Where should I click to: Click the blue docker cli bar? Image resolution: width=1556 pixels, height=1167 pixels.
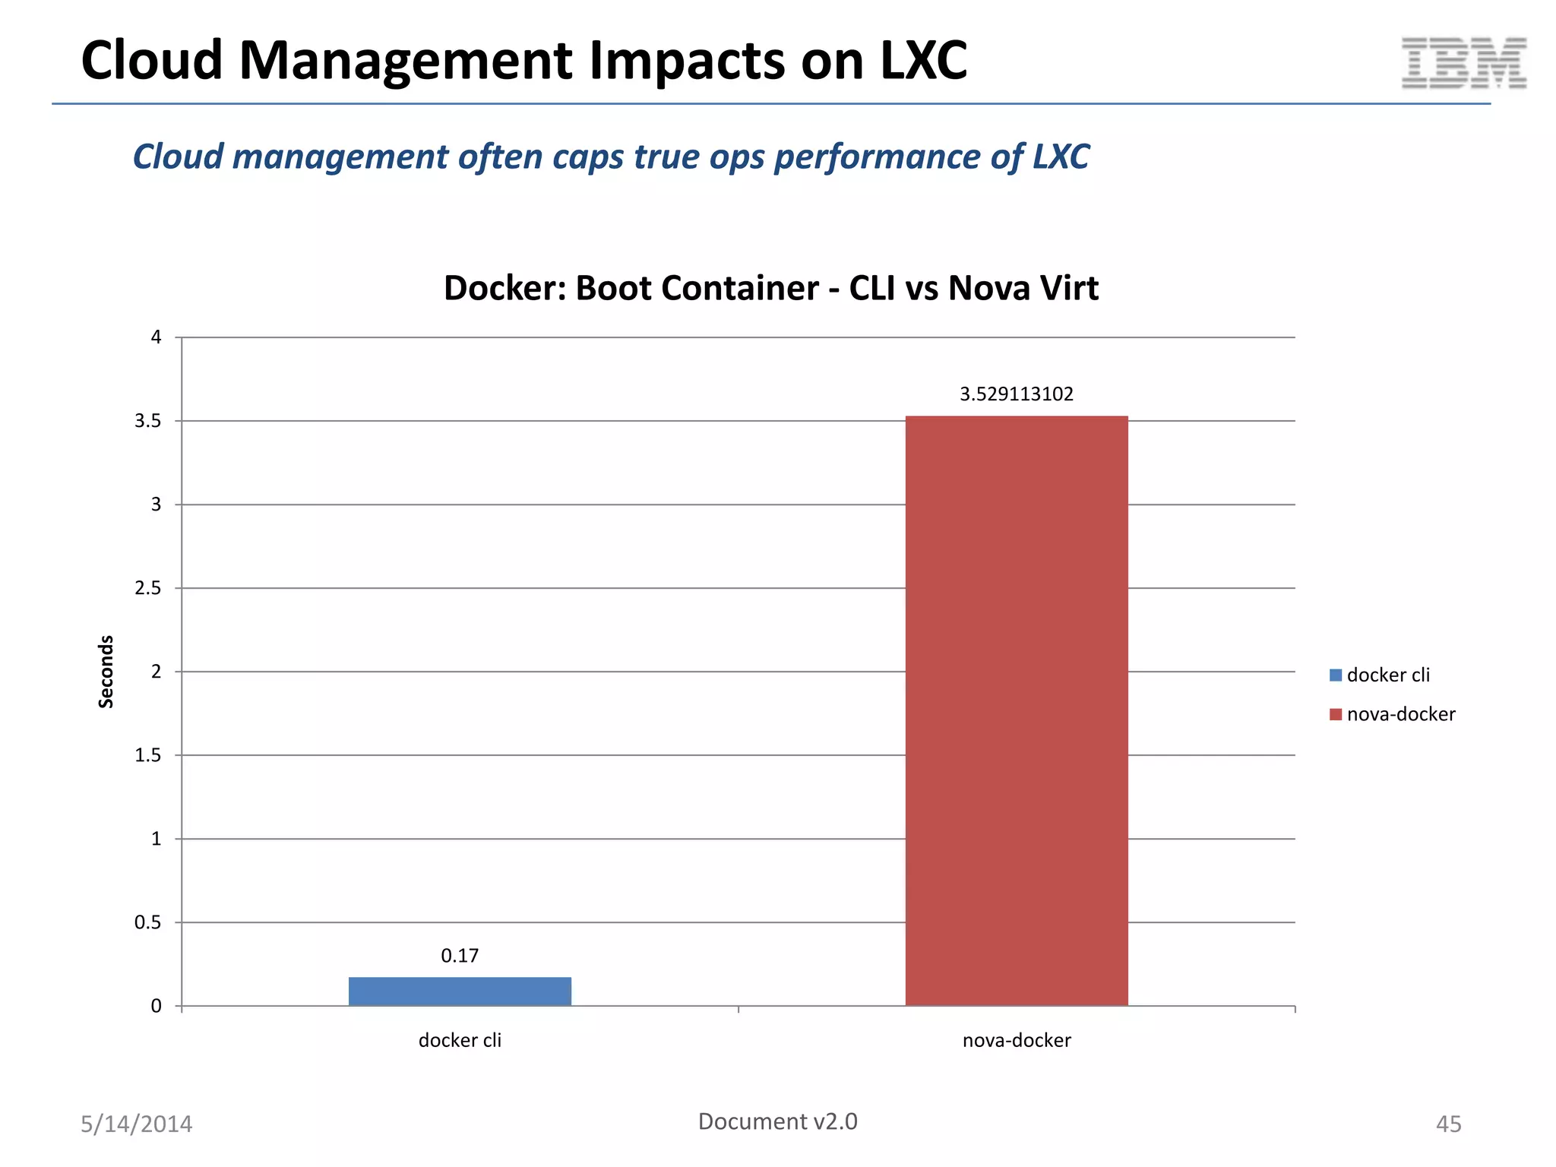pos(460,991)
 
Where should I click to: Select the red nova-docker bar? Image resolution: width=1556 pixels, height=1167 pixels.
pos(1016,710)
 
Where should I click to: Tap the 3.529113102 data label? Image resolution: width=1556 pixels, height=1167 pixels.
pos(1016,394)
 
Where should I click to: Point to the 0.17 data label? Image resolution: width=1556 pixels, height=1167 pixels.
pos(460,956)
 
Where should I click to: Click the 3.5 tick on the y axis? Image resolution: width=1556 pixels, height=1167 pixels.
pos(148,421)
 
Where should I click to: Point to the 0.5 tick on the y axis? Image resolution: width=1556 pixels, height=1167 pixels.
pos(148,922)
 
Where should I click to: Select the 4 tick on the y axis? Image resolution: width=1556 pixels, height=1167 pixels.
pos(157,337)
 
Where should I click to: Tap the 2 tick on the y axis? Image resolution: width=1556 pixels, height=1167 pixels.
pos(157,672)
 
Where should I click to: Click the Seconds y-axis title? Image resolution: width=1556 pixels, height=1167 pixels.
pos(106,672)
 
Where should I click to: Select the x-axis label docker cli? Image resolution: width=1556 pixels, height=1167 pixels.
pos(460,1040)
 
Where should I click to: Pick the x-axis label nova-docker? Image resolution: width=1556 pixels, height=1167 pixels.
pos(1016,1040)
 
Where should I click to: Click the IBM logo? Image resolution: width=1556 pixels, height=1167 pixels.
pos(1463,62)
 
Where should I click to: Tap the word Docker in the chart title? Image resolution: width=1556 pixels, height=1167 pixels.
pos(504,289)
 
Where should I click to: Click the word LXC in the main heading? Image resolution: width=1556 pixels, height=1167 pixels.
pos(923,60)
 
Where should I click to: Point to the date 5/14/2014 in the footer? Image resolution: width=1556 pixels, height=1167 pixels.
pos(137,1124)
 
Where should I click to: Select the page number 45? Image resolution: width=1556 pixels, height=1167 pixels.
pos(1448,1124)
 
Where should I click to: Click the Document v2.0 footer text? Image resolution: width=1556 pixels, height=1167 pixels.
pos(777,1121)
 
